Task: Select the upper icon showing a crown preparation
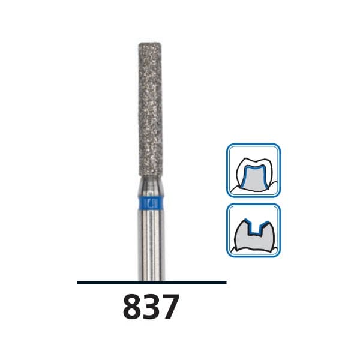click(x=253, y=170)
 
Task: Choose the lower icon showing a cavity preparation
click(x=253, y=230)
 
